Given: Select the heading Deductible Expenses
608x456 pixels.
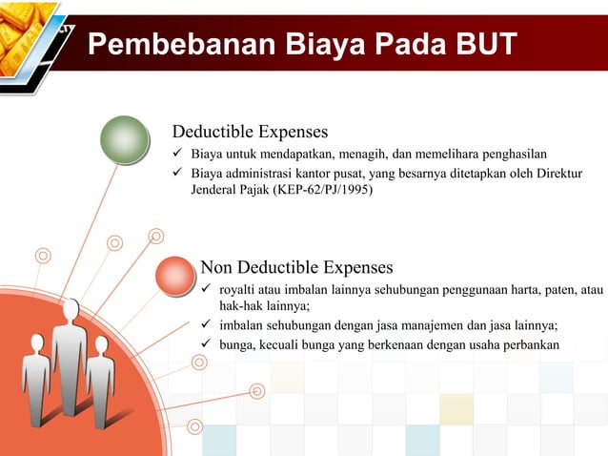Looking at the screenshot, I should (250, 132).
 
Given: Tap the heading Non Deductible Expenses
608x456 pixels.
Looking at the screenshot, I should (296, 267).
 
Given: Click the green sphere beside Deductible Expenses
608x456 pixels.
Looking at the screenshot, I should (126, 140).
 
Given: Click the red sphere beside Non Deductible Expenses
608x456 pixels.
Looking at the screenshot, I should (173, 277).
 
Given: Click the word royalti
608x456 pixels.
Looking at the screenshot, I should (237, 289).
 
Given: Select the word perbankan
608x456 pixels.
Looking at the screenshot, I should (533, 344).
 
